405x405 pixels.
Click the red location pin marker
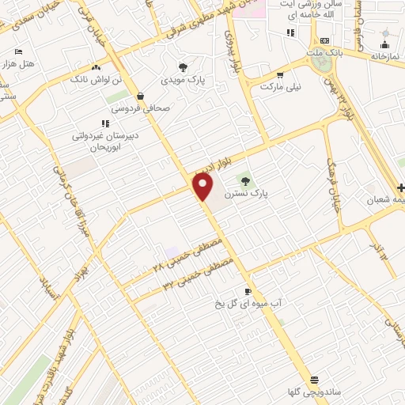pyautogui.click(x=202, y=187)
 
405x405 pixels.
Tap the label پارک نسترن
pyautogui.click(x=247, y=192)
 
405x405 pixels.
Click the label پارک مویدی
pyautogui.click(x=184, y=80)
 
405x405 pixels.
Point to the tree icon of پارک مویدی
pyautogui.click(x=184, y=67)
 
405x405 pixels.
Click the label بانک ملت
pyautogui.click(x=324, y=53)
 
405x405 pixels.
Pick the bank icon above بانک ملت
pyautogui.click(x=324, y=41)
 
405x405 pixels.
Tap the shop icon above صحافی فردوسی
pyautogui.click(x=140, y=97)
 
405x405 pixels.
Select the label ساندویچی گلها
pyautogui.click(x=315, y=392)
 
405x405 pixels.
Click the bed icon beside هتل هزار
pyautogui.click(x=18, y=51)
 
